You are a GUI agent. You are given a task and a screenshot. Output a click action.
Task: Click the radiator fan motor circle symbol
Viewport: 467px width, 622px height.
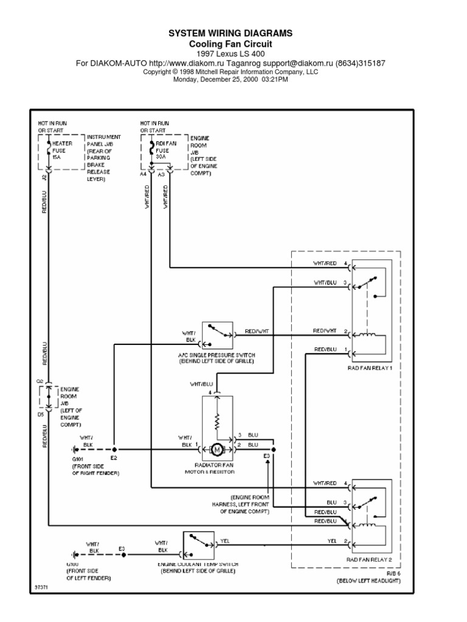click(216, 450)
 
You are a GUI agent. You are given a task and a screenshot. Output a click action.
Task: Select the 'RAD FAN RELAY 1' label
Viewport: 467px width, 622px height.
click(369, 368)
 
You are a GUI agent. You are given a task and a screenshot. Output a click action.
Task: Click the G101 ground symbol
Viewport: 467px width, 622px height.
click(75, 450)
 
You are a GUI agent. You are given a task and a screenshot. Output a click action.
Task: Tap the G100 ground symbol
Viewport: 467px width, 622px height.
click(75, 554)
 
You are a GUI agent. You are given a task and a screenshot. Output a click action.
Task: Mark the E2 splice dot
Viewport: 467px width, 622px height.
click(113, 450)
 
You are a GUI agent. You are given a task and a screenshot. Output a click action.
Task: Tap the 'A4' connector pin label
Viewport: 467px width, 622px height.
click(143, 174)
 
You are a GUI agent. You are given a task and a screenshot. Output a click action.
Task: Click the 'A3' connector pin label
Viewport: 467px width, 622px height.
click(161, 174)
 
